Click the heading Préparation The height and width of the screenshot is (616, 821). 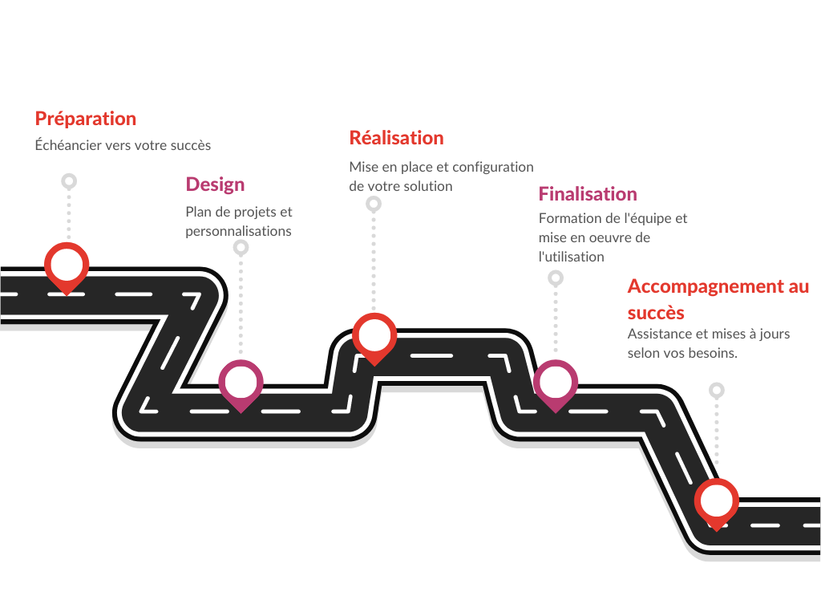[85, 119]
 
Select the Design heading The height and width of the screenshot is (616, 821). [215, 185]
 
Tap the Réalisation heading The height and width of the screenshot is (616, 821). [396, 138]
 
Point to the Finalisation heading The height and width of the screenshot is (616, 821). [588, 194]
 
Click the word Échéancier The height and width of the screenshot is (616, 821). [68, 144]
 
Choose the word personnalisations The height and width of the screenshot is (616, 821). [238, 232]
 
